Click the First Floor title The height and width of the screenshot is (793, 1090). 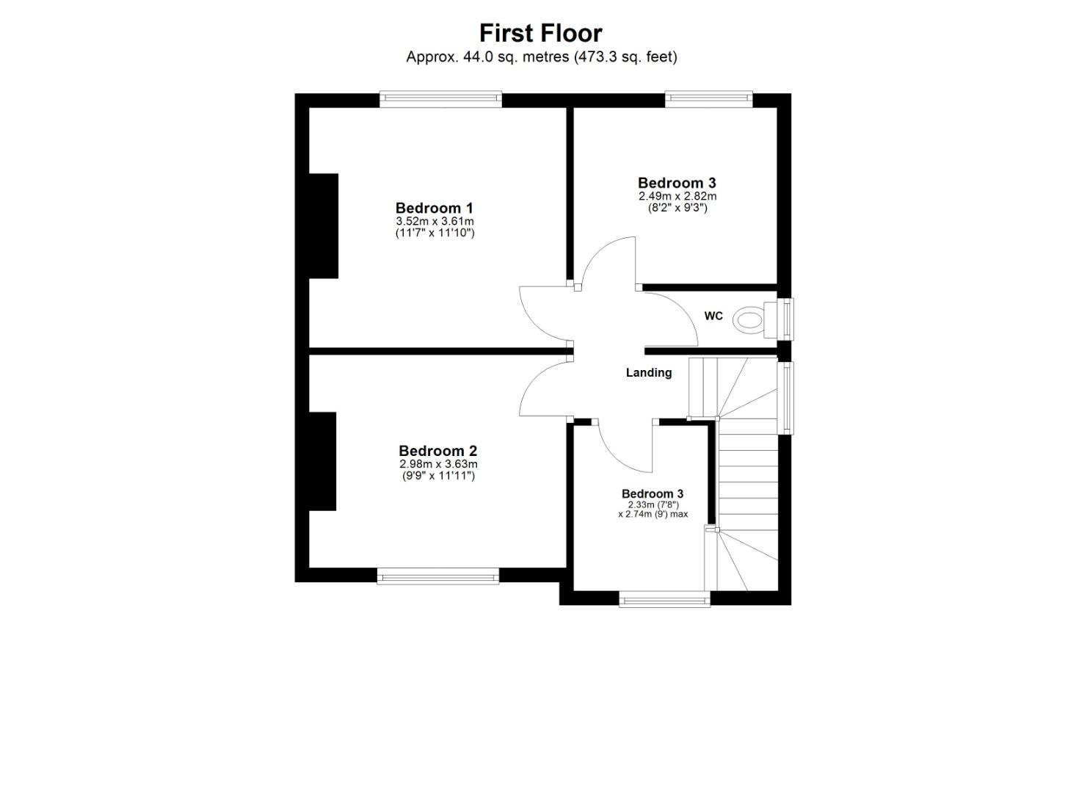coord(540,33)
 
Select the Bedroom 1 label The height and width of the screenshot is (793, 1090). coord(434,208)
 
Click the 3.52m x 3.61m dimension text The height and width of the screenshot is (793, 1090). coord(435,221)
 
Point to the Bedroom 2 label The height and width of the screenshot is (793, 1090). coord(438,451)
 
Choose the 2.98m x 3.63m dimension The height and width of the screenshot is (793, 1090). coord(438,464)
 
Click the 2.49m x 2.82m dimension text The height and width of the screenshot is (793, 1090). coord(677,196)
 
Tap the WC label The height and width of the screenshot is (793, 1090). coord(713,316)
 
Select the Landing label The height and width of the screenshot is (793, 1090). coord(648,372)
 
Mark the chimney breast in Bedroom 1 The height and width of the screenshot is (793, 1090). coord(323,225)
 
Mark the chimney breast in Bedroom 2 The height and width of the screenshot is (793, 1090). coord(322,461)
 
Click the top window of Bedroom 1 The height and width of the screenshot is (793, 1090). coord(440,99)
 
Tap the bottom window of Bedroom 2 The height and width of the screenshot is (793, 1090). coord(438,576)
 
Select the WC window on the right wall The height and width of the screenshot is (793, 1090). coord(785,319)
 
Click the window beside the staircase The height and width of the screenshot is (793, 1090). coord(785,397)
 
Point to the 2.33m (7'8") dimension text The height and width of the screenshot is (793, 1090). coord(653,504)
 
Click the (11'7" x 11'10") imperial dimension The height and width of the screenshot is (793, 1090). coord(435,233)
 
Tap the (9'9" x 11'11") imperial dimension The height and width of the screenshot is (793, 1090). coord(438,476)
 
